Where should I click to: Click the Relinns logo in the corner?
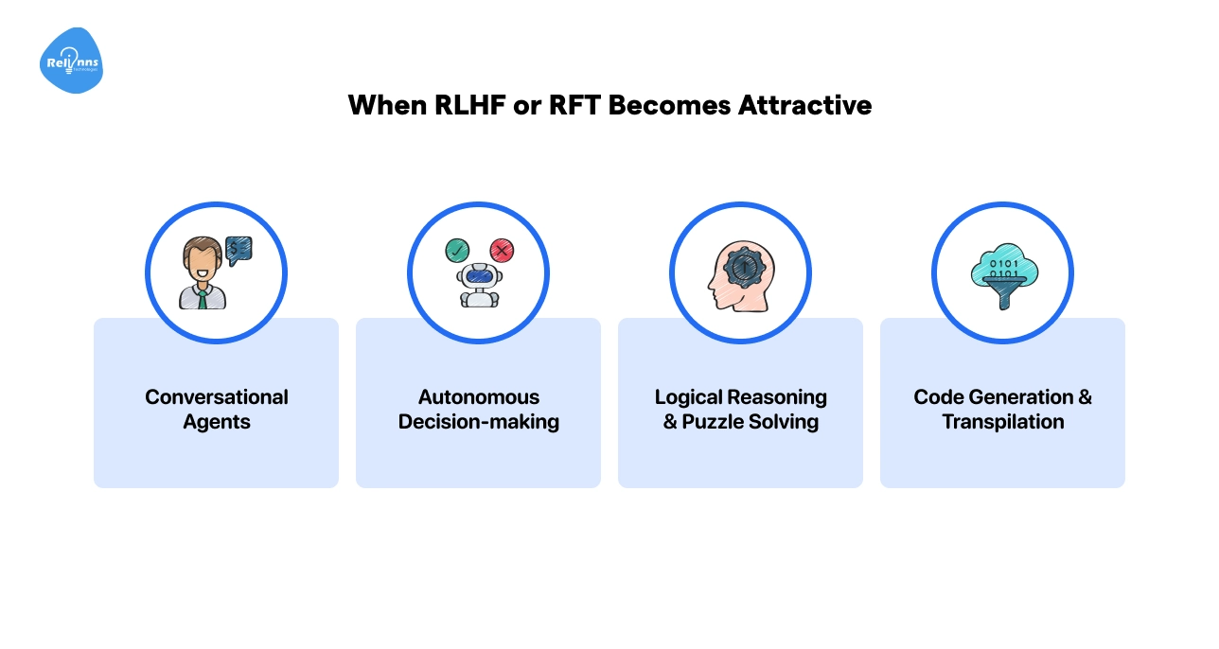71,61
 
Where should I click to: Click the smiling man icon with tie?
202,275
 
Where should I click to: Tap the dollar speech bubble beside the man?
238,249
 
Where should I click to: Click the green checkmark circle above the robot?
456,251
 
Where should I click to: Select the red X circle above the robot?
502,251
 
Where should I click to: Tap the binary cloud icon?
1002,269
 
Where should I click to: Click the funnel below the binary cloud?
1002,295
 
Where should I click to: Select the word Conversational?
217,397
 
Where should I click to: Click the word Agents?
217,422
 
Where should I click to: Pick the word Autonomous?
479,397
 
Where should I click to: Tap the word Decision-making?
479,422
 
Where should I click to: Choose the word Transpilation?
1003,422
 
